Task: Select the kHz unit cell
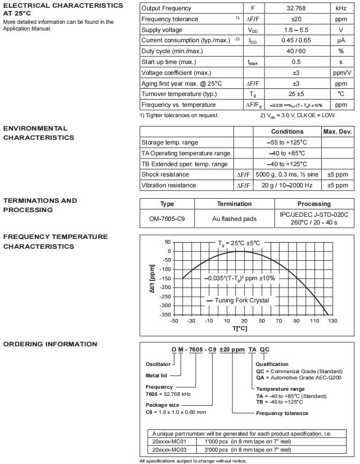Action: coord(341,8)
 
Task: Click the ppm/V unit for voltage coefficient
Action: coord(341,73)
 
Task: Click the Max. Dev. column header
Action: coord(337,132)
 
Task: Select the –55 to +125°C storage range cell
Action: coord(287,142)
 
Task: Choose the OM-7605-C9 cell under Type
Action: coord(167,219)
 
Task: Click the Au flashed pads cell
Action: coord(234,219)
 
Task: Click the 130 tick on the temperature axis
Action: coord(332,321)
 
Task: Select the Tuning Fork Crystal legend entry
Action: coord(238,300)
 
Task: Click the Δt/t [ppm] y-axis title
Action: coord(152,279)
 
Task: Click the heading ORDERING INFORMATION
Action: coord(50,344)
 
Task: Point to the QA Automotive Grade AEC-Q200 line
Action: coord(299,377)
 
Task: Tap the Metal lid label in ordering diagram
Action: coord(156,376)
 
